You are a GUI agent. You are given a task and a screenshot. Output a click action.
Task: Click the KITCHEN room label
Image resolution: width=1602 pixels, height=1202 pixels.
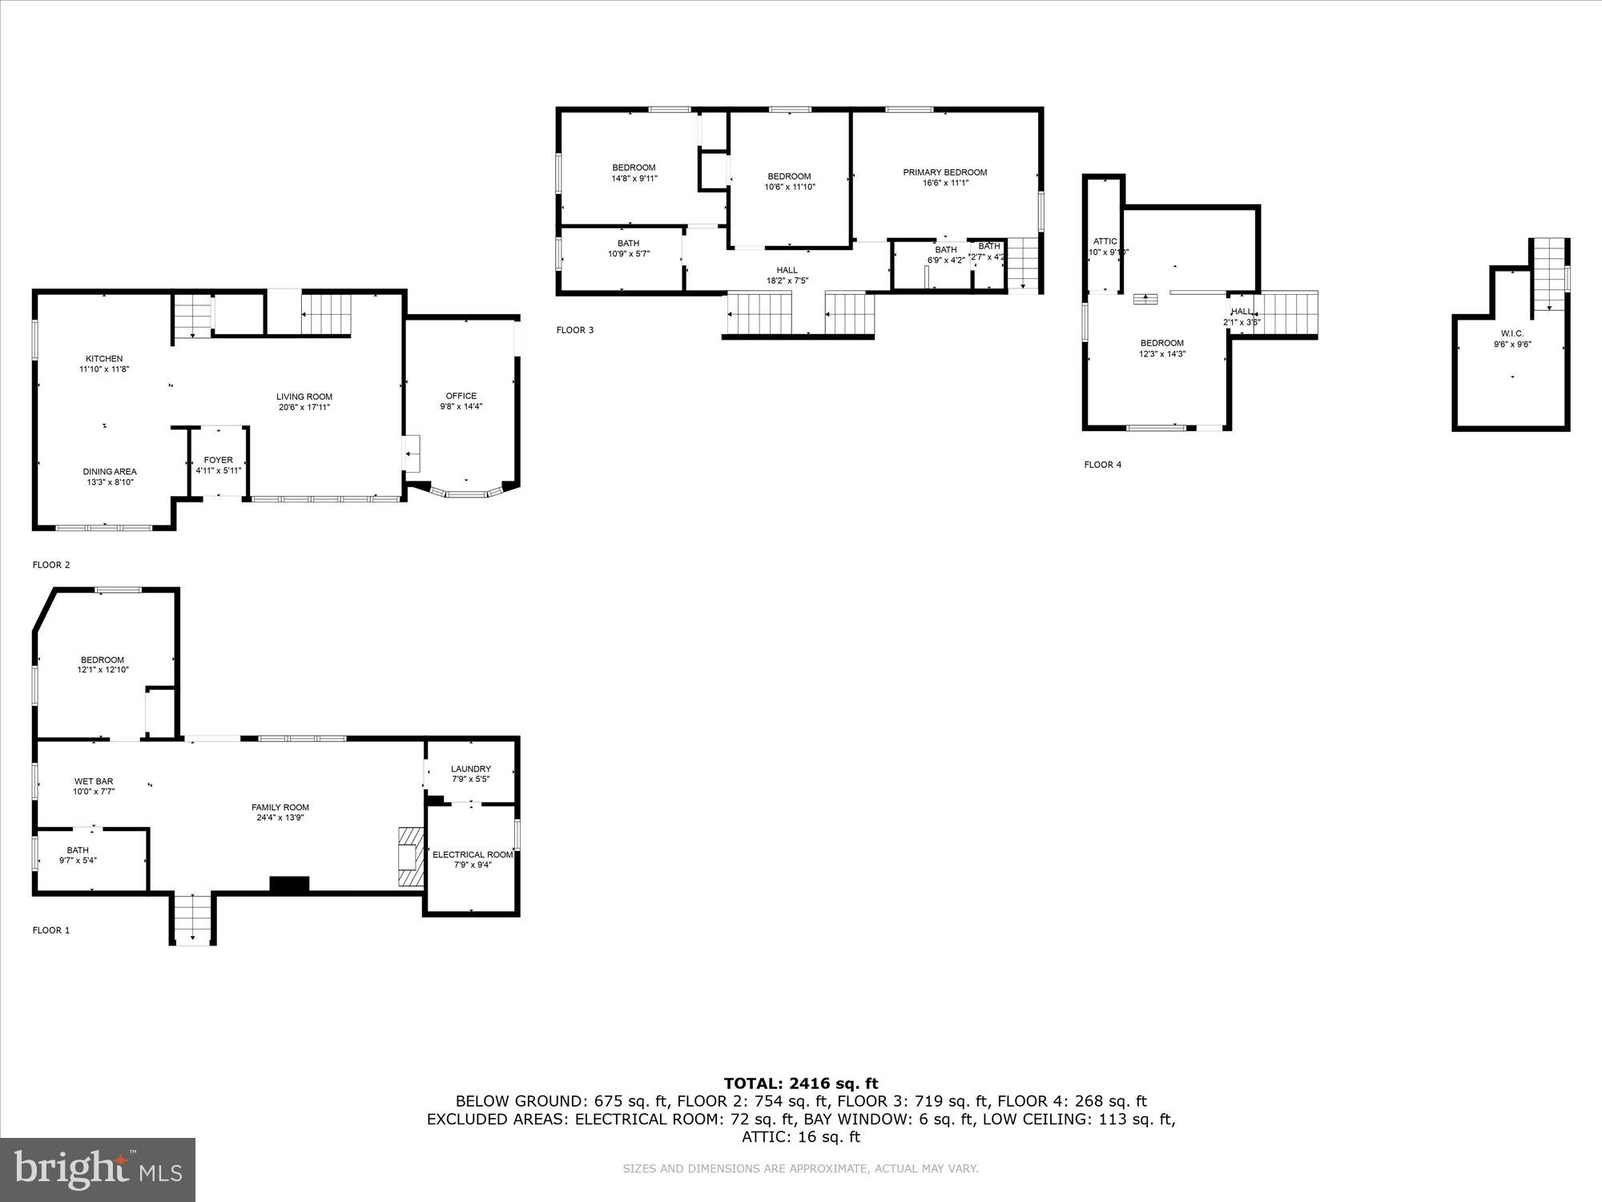[x=104, y=359]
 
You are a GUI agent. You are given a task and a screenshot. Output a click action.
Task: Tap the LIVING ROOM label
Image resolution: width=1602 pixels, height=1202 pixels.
[x=304, y=397]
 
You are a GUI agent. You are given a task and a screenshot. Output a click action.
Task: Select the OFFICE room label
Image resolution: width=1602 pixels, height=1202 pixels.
[x=461, y=396]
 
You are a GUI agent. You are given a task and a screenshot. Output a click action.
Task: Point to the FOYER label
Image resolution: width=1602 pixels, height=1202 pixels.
[x=219, y=461]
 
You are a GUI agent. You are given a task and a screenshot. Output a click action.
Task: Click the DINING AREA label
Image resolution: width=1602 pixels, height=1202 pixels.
[x=110, y=472]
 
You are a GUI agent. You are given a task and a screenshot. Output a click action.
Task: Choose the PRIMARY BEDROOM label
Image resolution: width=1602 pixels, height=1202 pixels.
[x=945, y=172]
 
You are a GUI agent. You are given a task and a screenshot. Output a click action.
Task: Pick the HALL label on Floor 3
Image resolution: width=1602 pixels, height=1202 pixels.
[x=787, y=270]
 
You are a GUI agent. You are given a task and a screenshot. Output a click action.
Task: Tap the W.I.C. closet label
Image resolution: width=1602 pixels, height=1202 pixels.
[x=1512, y=333]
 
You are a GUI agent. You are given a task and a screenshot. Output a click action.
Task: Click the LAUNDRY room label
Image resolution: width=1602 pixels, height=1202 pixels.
[x=471, y=769]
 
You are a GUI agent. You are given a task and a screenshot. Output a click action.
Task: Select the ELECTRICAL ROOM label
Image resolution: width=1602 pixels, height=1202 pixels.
[x=473, y=855]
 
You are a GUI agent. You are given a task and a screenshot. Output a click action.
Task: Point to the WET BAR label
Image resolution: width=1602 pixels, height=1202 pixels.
[x=94, y=781]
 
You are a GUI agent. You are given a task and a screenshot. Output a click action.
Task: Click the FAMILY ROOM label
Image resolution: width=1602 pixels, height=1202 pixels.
[x=280, y=808]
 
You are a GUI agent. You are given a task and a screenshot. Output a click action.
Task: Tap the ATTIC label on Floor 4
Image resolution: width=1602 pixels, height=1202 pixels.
[x=1105, y=241]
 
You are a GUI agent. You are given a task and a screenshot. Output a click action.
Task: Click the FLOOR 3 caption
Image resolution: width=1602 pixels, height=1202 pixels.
[x=575, y=330]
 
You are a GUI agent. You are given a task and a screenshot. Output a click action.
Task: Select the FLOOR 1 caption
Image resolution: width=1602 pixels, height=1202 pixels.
[x=51, y=930]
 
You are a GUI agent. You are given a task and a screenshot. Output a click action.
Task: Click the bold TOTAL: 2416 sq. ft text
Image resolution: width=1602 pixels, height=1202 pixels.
[x=801, y=1084]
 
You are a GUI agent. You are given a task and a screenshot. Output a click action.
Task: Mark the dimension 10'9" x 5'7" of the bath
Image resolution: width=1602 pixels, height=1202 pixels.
[x=629, y=254]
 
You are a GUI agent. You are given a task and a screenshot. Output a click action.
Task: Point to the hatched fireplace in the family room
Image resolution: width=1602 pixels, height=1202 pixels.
[x=410, y=857]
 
